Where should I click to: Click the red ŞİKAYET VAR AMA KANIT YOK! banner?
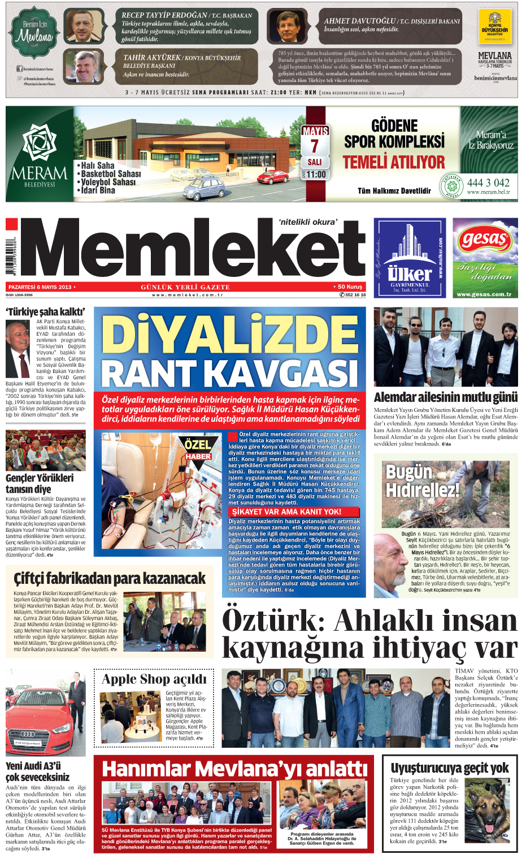[x=286, y=511]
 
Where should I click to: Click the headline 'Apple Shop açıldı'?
[x=154, y=679]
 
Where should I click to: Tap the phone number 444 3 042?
[x=488, y=183]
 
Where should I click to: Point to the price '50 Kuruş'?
[x=350, y=287]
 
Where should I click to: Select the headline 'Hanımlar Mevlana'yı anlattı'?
[x=234, y=769]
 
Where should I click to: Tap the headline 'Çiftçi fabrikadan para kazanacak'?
[x=110, y=578]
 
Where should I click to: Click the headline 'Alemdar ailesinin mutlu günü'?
[x=445, y=397]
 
